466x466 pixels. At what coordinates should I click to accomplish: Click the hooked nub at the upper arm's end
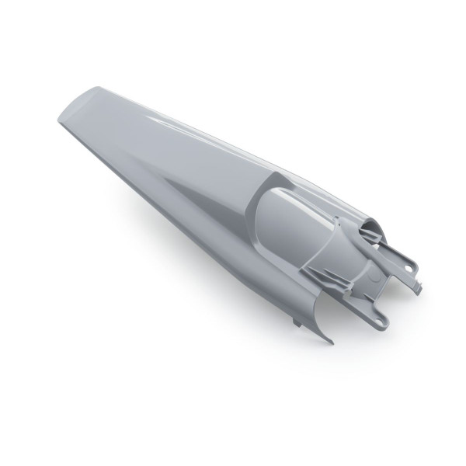417,290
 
